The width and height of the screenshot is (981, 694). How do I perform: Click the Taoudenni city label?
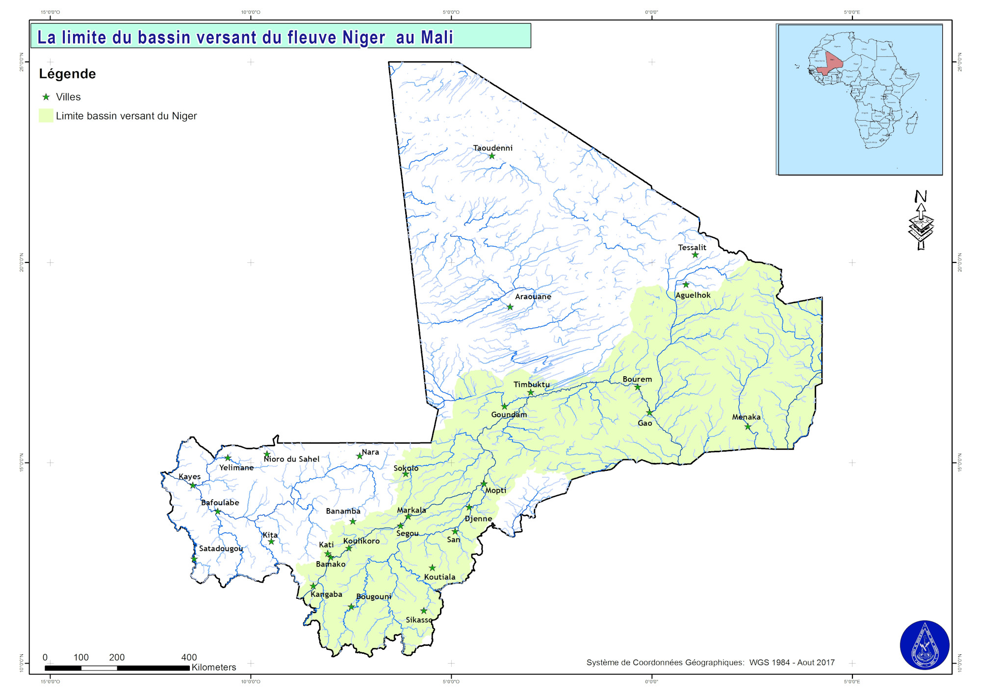pos(492,148)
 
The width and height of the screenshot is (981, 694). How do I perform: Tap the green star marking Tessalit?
pos(695,255)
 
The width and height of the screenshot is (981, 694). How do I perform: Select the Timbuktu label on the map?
pos(531,384)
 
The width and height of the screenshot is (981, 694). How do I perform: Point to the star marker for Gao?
pos(649,412)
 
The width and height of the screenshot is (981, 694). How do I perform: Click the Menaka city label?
pos(746,417)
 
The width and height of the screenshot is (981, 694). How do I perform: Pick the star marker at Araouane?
pos(510,307)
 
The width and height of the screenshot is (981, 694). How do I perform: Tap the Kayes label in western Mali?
pos(189,476)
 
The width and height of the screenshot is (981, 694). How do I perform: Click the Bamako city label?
pos(331,564)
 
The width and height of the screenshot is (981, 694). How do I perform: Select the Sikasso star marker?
pos(424,611)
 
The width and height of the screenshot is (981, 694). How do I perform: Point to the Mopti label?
pos(495,490)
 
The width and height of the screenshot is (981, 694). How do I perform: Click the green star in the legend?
pos(46,97)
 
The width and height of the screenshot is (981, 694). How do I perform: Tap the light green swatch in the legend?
pos(46,116)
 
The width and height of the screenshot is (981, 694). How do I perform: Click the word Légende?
pos(67,74)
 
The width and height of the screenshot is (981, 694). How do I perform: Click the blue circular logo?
pos(924,645)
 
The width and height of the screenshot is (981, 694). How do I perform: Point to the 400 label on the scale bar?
pos(189,657)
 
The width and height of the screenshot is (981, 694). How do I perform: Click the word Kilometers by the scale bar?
pos(214,667)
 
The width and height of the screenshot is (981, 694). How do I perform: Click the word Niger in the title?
pos(363,37)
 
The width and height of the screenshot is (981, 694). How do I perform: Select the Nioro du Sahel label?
pos(291,459)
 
